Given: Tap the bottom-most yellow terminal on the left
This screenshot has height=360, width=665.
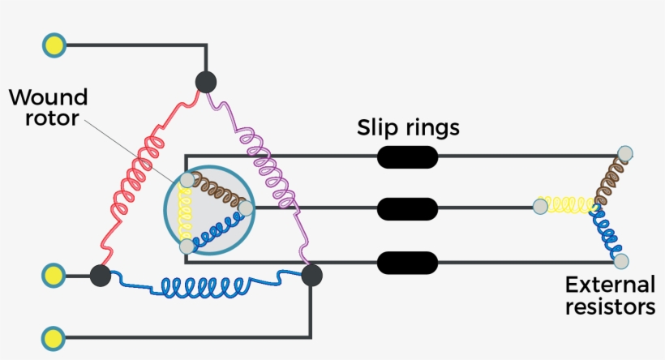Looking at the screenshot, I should tap(54, 336).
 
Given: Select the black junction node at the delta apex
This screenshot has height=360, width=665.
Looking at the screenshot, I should tap(206, 82).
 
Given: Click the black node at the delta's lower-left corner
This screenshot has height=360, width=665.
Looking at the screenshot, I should tap(101, 276).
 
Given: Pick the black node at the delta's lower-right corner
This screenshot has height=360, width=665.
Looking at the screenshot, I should tap(311, 276).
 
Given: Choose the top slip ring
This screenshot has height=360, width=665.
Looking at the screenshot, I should tap(407, 156).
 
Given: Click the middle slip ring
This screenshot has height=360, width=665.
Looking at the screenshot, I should tap(407, 208).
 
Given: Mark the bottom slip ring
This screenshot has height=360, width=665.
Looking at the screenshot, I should tap(407, 263).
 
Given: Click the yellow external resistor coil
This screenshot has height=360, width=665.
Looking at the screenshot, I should tap(566, 206).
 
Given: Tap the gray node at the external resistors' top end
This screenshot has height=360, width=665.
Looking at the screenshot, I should tap(624, 152).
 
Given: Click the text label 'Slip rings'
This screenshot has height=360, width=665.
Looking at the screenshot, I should tap(409, 127).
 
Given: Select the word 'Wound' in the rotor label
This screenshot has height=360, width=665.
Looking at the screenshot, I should tap(48, 98).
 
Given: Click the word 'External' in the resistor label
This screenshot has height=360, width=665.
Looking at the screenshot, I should tap(610, 285).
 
